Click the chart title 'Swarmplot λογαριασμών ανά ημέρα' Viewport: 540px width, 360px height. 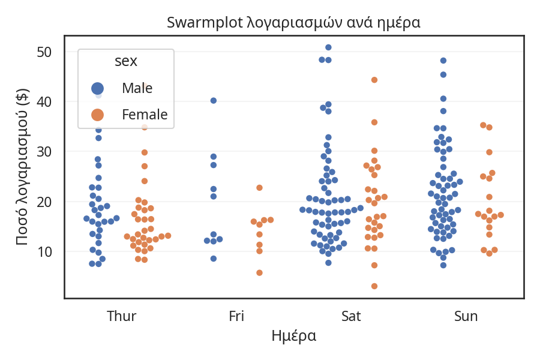point(293,23)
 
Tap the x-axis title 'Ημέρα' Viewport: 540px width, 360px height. point(293,335)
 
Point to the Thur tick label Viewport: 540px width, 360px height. point(121,316)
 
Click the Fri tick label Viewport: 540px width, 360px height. point(236,316)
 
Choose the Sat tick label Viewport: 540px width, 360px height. point(351,316)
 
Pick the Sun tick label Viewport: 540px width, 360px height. point(466,316)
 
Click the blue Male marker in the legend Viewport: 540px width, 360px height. point(97,88)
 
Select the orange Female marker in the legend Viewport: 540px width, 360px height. point(97,114)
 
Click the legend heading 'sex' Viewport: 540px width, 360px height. point(126,61)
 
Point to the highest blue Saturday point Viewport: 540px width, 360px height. point(328,47)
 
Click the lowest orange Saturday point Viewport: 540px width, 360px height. point(374,286)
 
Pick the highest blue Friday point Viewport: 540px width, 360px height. point(214,101)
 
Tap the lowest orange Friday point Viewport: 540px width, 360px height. point(259,273)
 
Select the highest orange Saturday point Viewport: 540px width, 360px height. point(374,80)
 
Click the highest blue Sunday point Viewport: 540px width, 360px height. point(443,61)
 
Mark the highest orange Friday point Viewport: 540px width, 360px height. point(259,188)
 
